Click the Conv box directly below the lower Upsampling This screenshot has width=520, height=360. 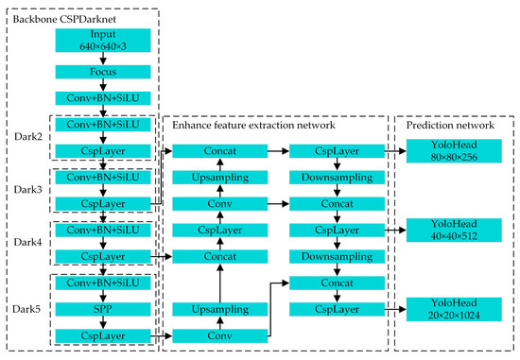pos(220,334)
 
